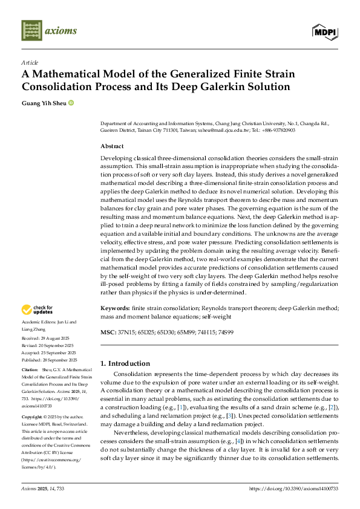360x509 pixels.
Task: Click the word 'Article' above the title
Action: tap(30, 62)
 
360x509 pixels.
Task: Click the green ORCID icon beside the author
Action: tap(71, 103)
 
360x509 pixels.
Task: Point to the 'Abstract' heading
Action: tap(112, 146)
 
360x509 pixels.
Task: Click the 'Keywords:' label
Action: tap(116, 308)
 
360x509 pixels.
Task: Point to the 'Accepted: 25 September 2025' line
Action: tap(48, 352)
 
